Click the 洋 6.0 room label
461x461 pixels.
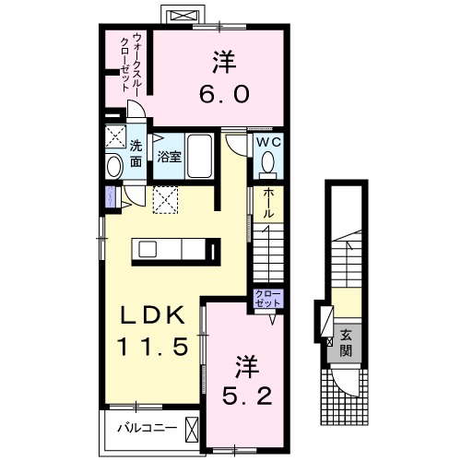[x=220, y=79]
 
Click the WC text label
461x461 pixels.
[x=267, y=143]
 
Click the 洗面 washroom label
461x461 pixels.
[x=136, y=154]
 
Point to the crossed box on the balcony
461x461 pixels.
[x=193, y=429]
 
